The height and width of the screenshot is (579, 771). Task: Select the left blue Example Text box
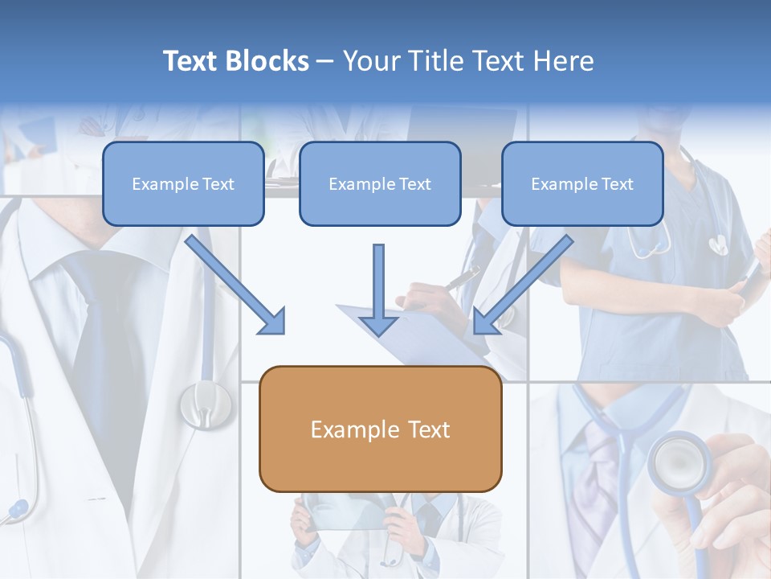click(x=183, y=183)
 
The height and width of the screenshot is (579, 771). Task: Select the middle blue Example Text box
click(x=380, y=183)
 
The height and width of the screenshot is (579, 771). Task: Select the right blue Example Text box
click(x=582, y=183)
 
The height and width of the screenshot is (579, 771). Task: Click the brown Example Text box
click(x=380, y=429)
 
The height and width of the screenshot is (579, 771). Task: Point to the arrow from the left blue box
click(x=236, y=285)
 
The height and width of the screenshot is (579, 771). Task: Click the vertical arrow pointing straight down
click(x=378, y=289)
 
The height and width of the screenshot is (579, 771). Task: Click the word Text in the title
click(x=192, y=61)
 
